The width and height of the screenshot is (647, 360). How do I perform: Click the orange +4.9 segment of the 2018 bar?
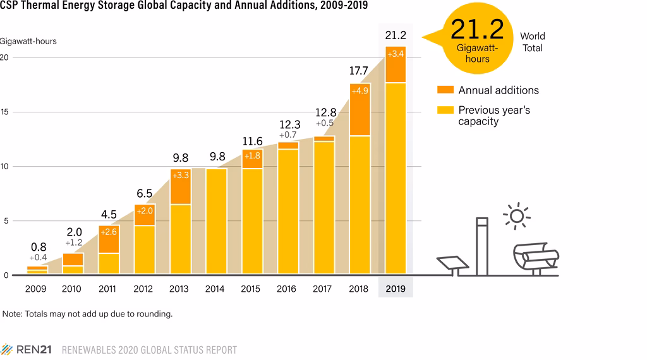[360, 109]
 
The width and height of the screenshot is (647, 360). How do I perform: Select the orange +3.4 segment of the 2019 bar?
[396, 64]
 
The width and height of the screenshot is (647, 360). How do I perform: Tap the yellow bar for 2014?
[217, 221]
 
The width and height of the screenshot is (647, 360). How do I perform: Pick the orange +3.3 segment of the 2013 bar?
[181, 186]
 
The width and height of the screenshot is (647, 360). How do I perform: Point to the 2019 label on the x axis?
[396, 289]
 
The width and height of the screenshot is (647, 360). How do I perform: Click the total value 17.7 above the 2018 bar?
[360, 71]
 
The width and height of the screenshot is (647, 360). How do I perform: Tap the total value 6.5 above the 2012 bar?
[144, 194]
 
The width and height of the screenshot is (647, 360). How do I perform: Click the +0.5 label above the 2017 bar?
[325, 124]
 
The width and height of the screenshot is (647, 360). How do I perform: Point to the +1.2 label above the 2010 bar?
[75, 243]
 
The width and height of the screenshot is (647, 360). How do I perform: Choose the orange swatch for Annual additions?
[445, 90]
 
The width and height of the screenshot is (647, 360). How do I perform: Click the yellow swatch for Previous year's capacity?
[445, 110]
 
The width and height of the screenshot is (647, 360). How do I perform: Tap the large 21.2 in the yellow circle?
[477, 30]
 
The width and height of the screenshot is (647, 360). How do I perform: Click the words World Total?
[532, 42]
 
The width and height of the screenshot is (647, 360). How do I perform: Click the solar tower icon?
[482, 246]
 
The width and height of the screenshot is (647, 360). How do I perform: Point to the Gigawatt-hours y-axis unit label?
[28, 41]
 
